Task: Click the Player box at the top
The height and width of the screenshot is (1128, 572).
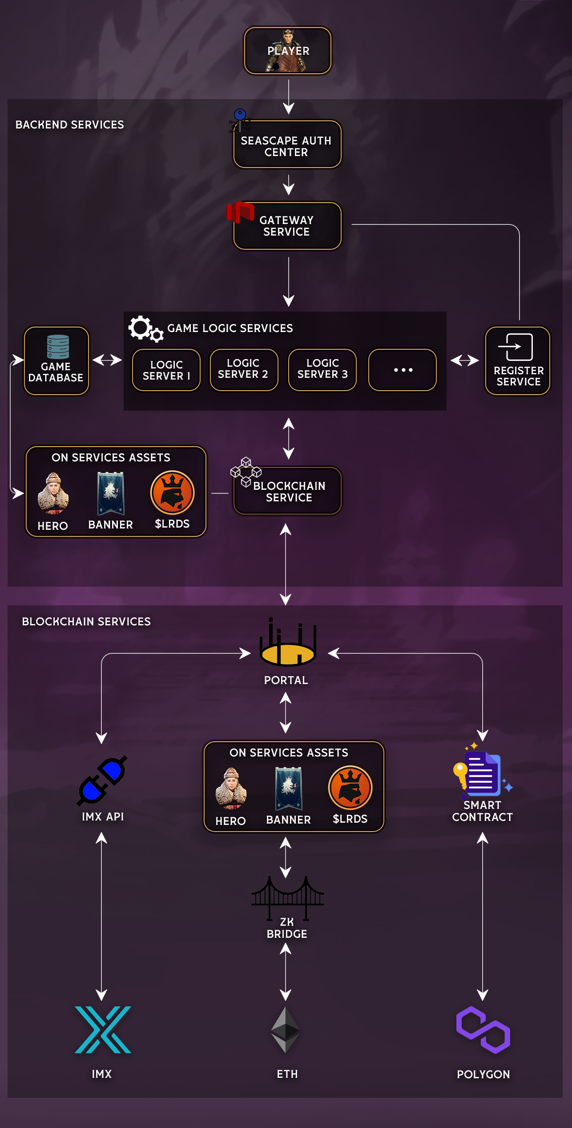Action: pos(288,51)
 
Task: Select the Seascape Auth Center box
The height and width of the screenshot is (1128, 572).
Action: pos(287,145)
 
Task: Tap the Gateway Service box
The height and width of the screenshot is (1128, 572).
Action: pos(287,226)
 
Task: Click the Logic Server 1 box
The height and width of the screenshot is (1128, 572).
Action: pos(166,370)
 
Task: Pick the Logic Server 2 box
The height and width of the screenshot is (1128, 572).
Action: pos(244,369)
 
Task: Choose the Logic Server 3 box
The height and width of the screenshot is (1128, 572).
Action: pos(322,369)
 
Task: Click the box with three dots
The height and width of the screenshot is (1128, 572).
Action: pos(403,370)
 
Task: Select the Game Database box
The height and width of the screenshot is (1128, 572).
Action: pos(56,360)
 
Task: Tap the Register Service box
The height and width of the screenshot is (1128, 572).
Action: pos(518,360)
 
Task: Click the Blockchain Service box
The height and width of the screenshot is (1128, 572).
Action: pos(288,491)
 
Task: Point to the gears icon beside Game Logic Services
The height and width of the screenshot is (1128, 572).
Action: pos(145,329)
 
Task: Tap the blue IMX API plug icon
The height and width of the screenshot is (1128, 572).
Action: pos(102,780)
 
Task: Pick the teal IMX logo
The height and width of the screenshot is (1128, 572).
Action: pos(103,1029)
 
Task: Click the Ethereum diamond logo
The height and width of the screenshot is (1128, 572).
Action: pos(286,1029)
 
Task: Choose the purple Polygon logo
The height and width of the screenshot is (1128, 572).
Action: pos(483,1029)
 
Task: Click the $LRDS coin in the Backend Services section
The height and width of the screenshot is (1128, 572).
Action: pos(173,493)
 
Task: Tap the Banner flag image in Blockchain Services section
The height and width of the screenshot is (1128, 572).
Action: pos(289,788)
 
